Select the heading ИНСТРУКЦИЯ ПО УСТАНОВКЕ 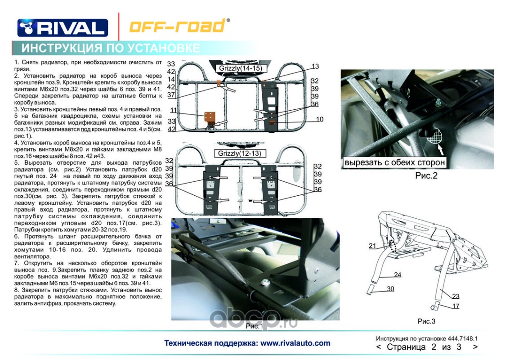point(111,48)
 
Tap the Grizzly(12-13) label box point(239,153)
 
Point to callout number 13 point(315,67)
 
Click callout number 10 point(319,119)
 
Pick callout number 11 point(174,110)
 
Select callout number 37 point(171,95)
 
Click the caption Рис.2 point(426,176)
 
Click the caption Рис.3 point(426,321)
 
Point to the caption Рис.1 point(254,326)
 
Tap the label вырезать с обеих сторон point(394,162)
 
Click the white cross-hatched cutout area point(434,135)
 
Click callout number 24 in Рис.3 point(398,274)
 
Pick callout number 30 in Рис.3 point(390,288)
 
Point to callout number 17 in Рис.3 point(456,306)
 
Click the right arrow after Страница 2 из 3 point(475,347)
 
